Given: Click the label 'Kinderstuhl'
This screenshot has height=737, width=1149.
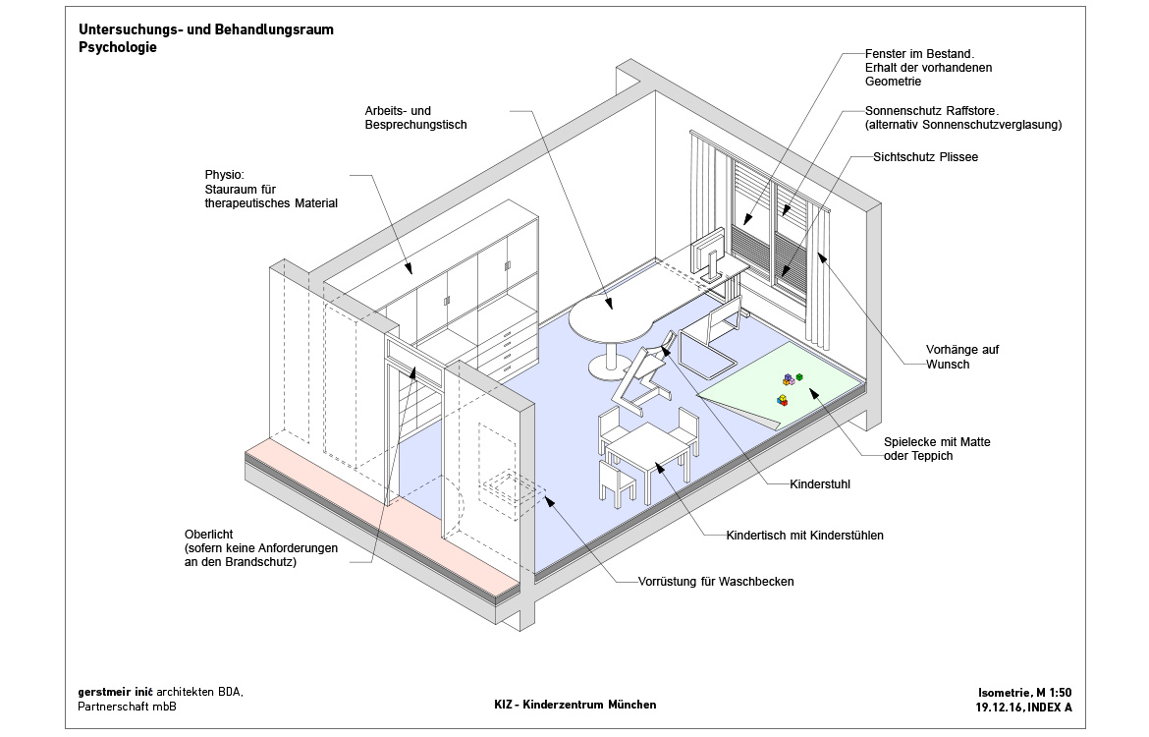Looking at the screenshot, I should pos(820,484).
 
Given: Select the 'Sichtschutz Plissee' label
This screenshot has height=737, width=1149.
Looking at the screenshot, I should pos(926,156).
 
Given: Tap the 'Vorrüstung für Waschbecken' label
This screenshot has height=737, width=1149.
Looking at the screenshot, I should pos(715,582).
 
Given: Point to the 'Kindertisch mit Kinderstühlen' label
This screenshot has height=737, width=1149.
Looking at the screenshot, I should pos(804,536).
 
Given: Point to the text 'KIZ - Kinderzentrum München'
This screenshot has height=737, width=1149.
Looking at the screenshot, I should pos(574,705).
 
